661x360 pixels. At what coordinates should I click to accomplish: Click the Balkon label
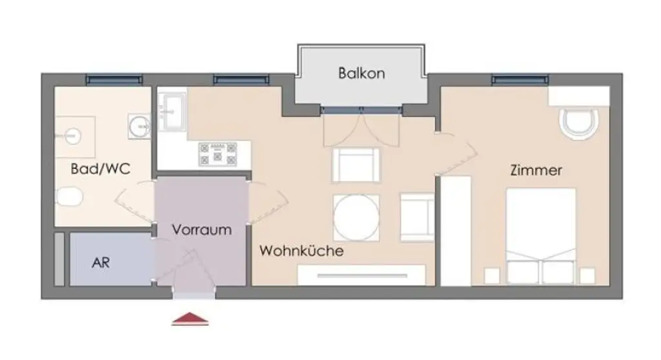361,73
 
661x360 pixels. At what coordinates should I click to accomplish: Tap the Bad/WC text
100,169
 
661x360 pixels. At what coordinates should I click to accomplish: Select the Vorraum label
201,229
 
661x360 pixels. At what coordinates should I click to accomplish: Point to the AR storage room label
101,263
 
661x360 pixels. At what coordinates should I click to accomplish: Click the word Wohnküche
301,251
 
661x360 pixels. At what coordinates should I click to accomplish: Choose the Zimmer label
536,171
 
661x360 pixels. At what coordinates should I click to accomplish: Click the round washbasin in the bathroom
139,125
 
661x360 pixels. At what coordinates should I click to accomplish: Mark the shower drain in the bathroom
73,135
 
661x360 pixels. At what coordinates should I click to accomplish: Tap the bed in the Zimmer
540,235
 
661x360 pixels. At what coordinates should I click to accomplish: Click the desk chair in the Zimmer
580,124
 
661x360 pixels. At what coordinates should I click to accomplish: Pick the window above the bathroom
114,79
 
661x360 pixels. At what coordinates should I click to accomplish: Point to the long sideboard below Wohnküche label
365,275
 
